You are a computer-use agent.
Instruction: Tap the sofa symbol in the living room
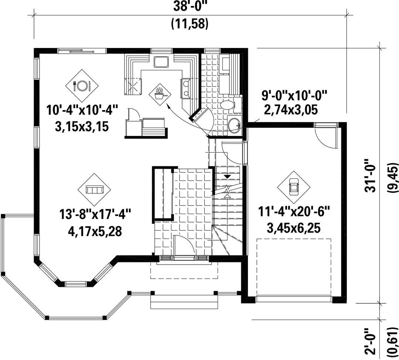[x=95, y=190]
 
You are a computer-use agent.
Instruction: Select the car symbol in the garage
[x=294, y=187]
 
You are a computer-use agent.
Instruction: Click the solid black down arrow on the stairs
[x=227, y=176]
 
